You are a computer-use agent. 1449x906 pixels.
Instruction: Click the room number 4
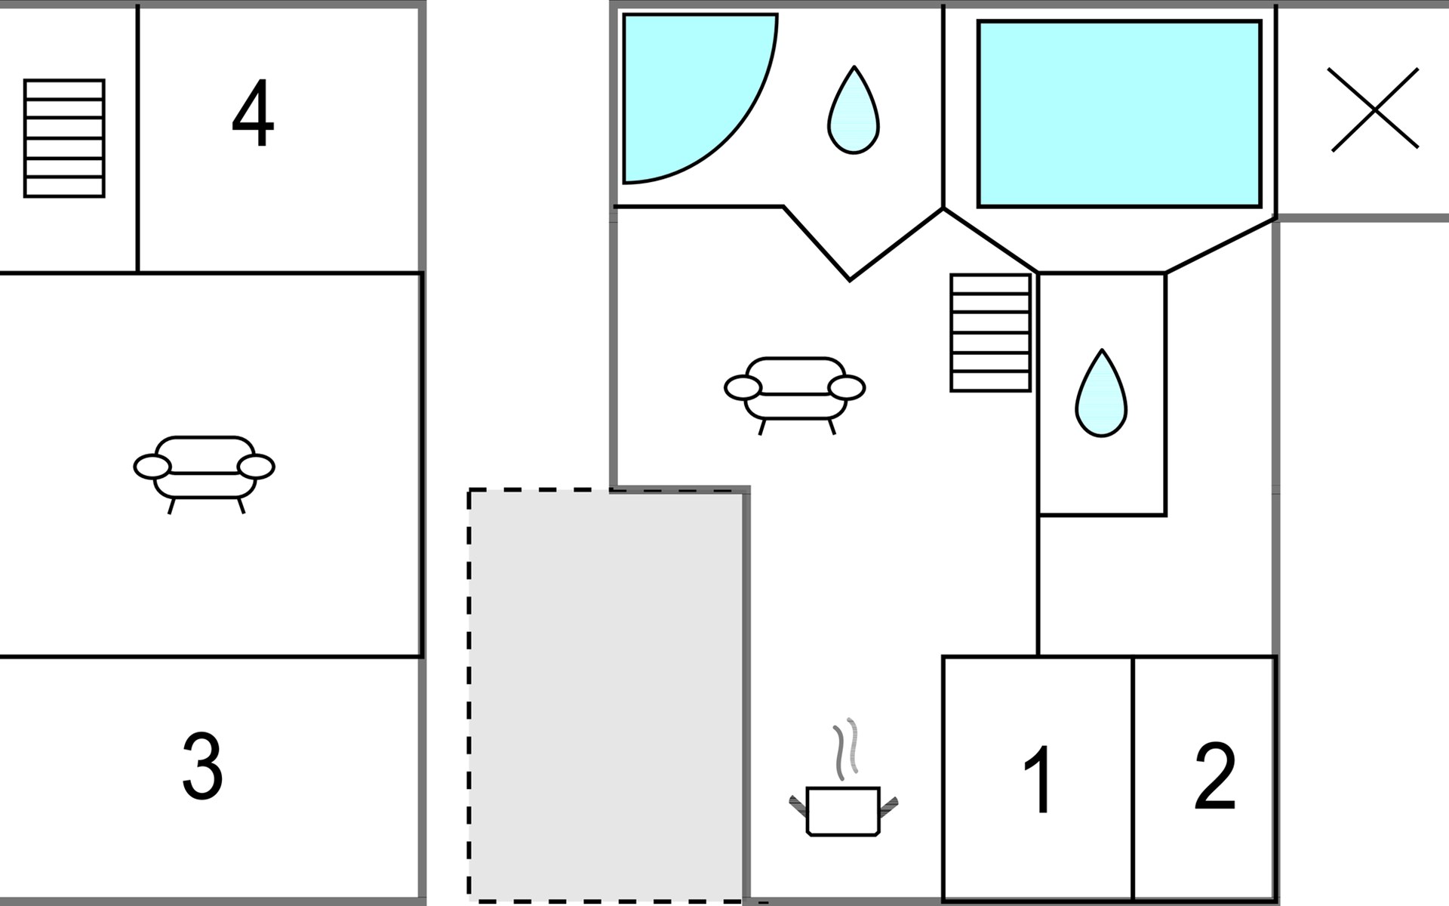pos(253,114)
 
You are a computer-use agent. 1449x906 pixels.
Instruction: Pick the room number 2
pos(1214,776)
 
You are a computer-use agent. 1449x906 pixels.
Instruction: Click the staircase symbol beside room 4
pos(64,138)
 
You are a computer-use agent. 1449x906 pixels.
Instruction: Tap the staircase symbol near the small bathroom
pos(990,333)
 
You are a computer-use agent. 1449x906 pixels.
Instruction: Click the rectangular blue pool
pos(1119,113)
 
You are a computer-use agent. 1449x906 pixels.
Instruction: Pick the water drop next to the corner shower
pos(854,113)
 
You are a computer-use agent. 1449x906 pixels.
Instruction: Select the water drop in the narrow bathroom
pos(1101,396)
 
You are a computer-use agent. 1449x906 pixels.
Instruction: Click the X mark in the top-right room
pos(1374,110)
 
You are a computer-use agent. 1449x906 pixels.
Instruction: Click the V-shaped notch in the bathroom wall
pos(851,278)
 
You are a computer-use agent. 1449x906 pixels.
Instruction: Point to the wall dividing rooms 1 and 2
pos(1134,778)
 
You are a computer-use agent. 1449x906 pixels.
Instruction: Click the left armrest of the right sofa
pos(743,388)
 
